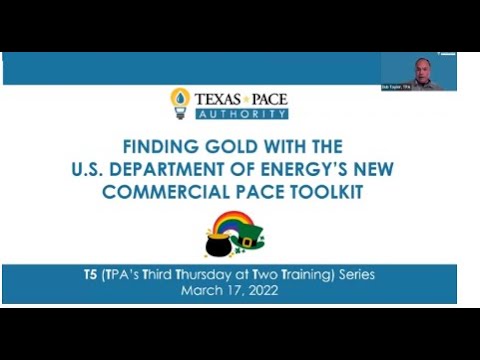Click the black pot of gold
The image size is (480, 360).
tap(217, 243)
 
